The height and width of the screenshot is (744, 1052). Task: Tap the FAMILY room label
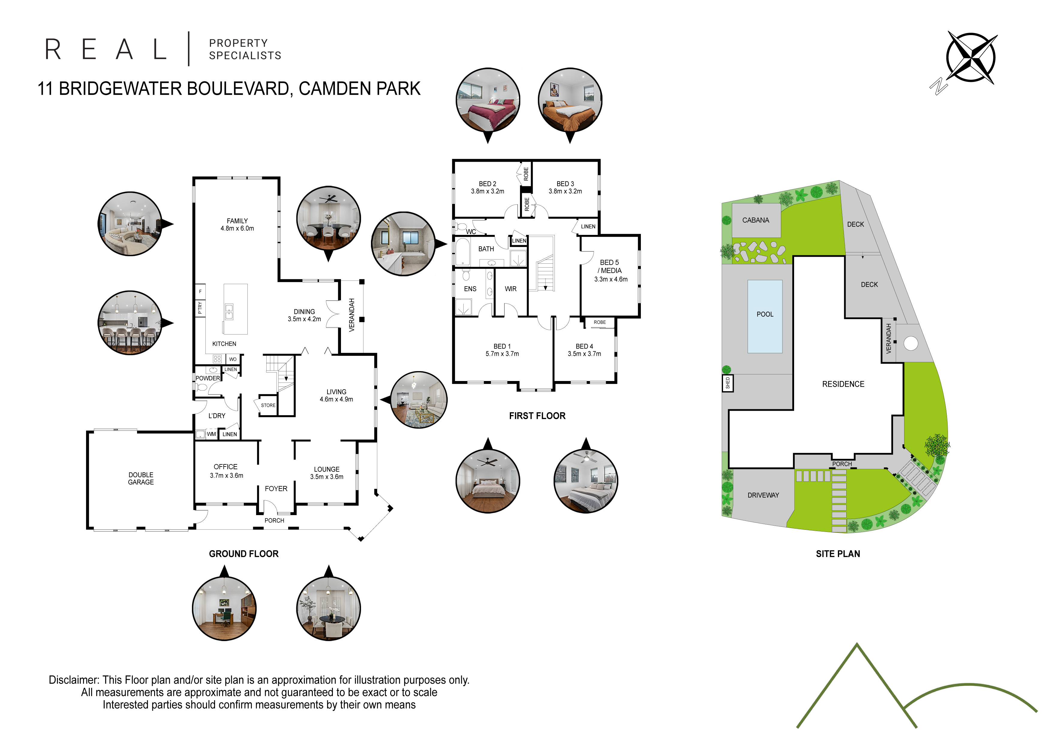(237, 221)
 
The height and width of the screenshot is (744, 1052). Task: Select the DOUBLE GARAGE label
(141, 478)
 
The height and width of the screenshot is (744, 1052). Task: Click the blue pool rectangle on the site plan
(765, 316)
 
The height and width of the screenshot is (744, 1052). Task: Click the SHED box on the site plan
(728, 383)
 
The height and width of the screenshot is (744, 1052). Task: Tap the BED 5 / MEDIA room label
(610, 266)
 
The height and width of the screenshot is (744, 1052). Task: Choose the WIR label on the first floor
(510, 289)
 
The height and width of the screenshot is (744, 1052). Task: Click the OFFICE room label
(226, 467)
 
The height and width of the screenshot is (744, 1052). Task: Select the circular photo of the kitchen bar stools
(130, 323)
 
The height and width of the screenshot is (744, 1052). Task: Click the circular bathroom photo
(403, 244)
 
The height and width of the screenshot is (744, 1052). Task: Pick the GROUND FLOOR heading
(244, 554)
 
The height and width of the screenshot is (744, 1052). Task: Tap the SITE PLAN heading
(838, 554)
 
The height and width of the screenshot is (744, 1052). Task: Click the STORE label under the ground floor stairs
(268, 405)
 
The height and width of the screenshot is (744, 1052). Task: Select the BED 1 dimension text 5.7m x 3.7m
(502, 354)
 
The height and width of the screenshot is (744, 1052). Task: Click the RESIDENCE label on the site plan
(843, 384)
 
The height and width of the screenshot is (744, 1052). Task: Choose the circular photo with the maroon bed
(488, 100)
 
